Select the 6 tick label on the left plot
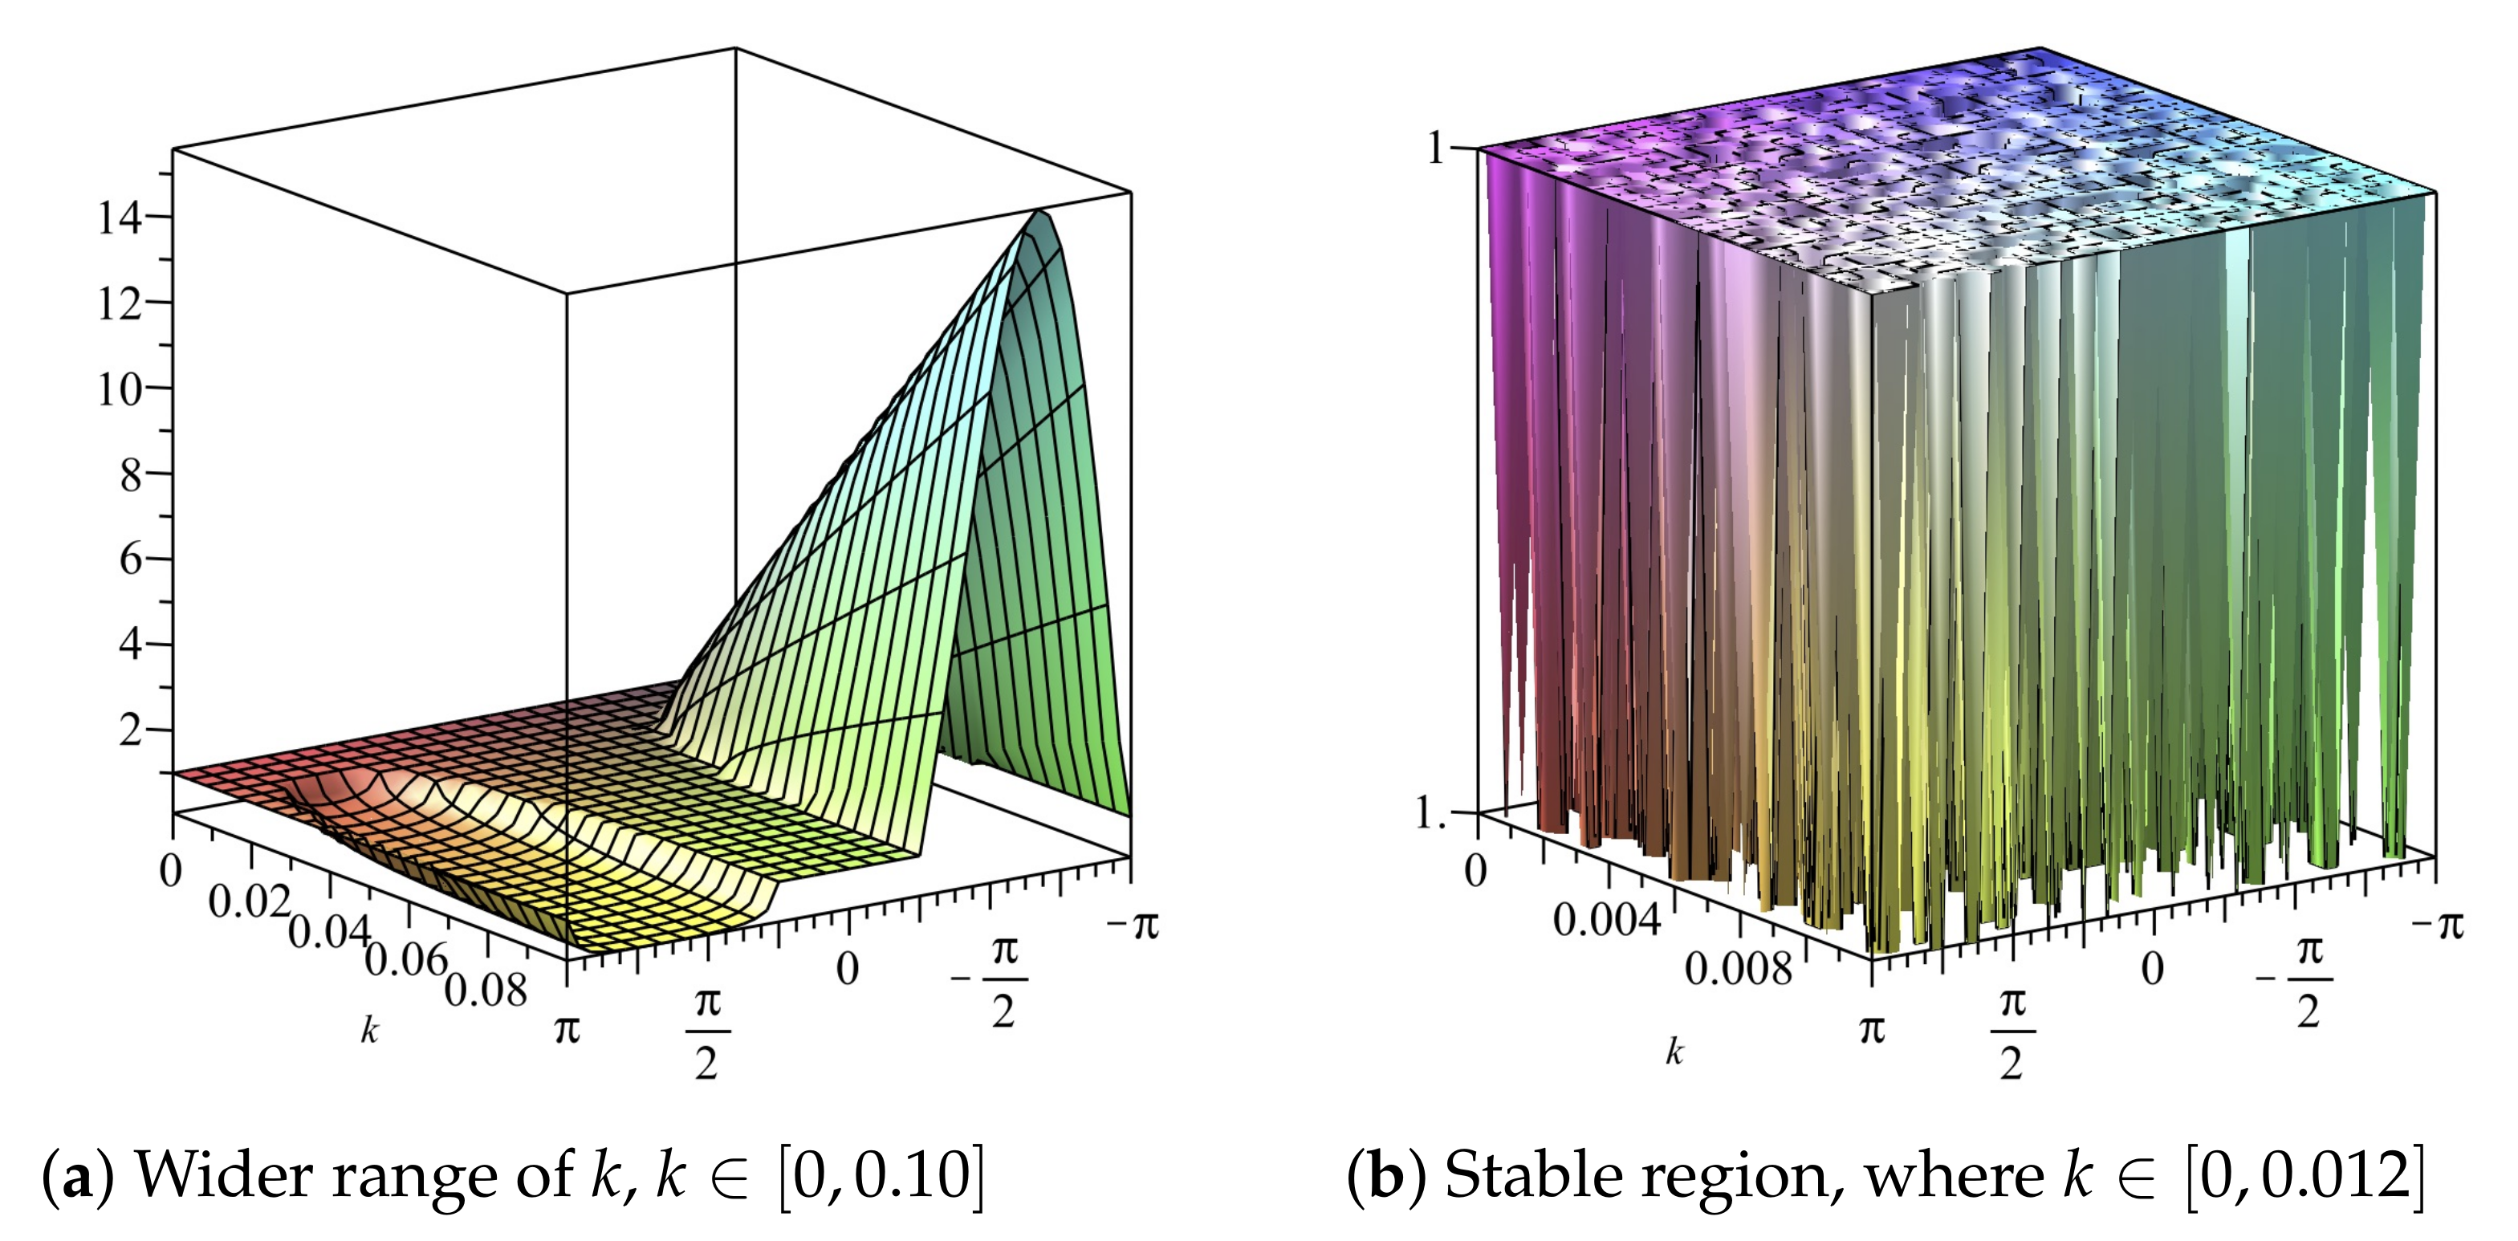(x=131, y=560)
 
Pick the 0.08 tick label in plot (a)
(x=486, y=991)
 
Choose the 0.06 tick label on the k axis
(x=405, y=962)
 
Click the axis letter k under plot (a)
(x=368, y=1030)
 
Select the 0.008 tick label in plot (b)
(x=1738, y=970)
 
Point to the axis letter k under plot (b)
(x=1674, y=1052)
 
